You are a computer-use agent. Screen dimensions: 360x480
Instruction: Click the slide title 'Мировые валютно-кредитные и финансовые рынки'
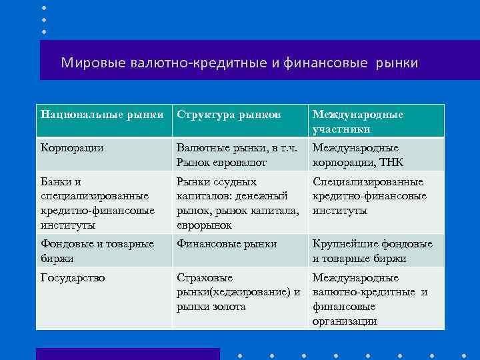[x=239, y=63]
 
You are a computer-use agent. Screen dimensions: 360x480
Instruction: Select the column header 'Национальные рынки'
[x=102, y=115]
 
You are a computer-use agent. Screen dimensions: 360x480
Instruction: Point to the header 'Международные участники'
[x=357, y=121]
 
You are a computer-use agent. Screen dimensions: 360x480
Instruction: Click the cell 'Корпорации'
[x=72, y=148]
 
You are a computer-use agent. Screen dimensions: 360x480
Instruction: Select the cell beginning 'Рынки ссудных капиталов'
[x=232, y=203]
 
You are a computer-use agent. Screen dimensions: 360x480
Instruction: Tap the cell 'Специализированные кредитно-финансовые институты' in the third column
[x=369, y=196]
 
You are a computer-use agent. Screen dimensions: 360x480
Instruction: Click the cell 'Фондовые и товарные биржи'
[x=97, y=251]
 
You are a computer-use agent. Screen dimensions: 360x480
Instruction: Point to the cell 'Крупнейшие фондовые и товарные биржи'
[x=372, y=251]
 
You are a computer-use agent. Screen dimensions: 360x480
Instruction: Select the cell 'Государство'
[x=73, y=278]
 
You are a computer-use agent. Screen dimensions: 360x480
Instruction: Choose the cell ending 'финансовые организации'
[x=369, y=299]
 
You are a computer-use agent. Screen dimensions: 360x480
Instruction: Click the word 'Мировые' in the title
[x=89, y=63]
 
